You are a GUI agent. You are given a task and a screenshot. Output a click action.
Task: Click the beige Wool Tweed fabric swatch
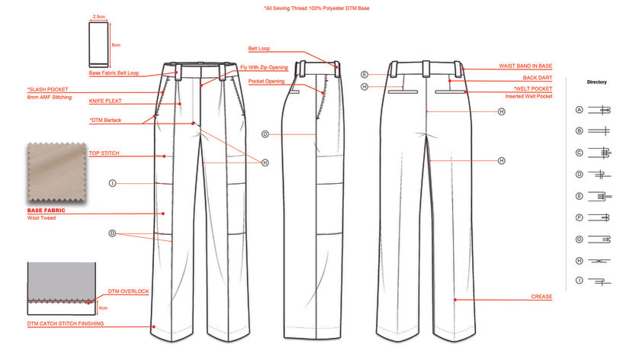56,172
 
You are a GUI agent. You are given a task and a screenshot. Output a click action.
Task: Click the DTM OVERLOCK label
128,291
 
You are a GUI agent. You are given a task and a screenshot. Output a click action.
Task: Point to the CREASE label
541,296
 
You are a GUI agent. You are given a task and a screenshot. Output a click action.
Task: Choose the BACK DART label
537,78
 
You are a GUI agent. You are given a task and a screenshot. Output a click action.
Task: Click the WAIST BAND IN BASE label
525,66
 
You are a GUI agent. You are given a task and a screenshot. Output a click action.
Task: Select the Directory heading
596,82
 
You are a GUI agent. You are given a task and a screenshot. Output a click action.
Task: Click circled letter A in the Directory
579,110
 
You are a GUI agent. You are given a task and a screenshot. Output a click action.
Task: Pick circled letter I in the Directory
579,282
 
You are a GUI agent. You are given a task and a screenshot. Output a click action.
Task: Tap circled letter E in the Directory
579,196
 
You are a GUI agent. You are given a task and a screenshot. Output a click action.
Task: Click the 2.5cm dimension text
98,16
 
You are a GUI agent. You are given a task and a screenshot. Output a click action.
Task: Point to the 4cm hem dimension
103,308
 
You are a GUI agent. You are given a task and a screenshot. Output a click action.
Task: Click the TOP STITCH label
104,153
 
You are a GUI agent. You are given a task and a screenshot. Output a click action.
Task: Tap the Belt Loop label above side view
258,48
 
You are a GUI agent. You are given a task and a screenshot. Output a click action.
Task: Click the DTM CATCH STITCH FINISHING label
65,323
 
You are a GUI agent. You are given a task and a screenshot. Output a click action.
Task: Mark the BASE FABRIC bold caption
46,210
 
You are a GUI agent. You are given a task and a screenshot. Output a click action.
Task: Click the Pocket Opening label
266,81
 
